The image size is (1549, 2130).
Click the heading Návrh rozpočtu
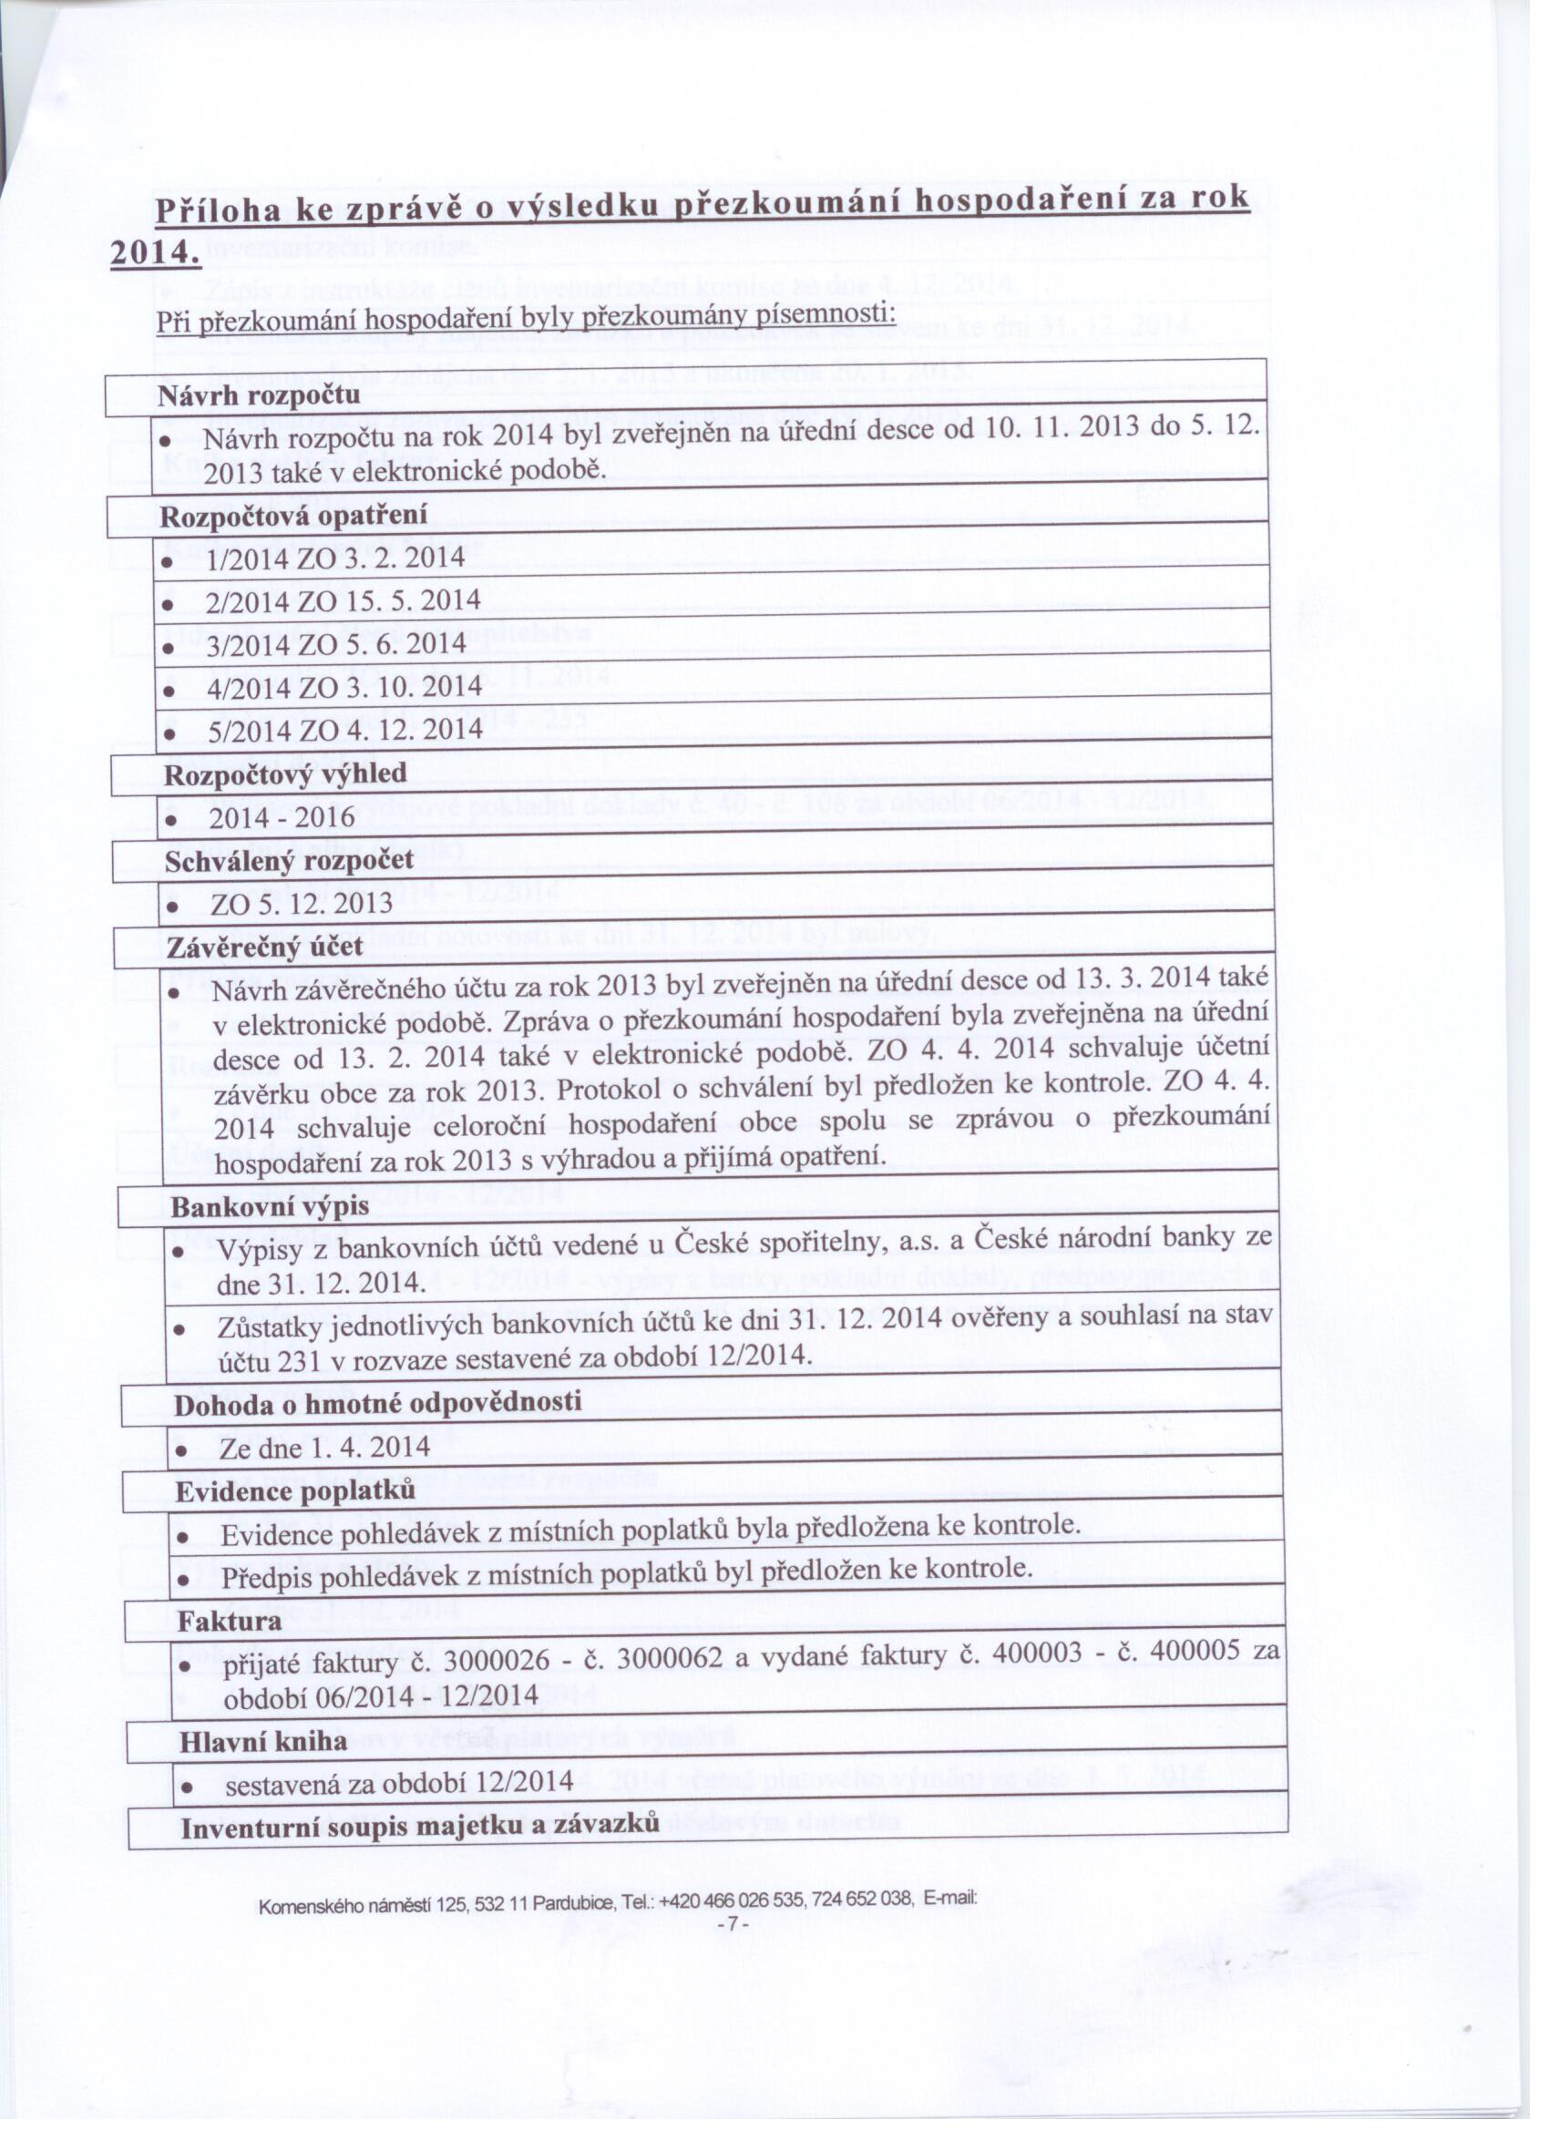click(260, 395)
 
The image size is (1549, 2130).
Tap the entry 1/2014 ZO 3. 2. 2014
click(335, 558)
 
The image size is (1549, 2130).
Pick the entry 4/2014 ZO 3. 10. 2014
click(344, 687)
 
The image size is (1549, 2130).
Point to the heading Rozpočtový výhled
click(285, 773)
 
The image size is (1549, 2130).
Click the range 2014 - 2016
click(282, 818)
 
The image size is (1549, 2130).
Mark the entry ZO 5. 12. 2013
click(302, 904)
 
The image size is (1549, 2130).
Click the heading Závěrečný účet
click(264, 947)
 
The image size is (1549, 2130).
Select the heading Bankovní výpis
click(270, 1207)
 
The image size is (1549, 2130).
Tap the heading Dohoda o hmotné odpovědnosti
click(377, 1403)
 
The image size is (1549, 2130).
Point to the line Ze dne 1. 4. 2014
click(325, 1448)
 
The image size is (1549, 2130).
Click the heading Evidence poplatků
click(296, 1491)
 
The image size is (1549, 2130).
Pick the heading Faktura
click(231, 1622)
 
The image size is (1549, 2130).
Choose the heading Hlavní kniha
click(263, 1742)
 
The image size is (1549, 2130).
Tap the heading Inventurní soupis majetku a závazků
click(420, 1828)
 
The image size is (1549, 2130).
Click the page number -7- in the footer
click(732, 1924)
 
